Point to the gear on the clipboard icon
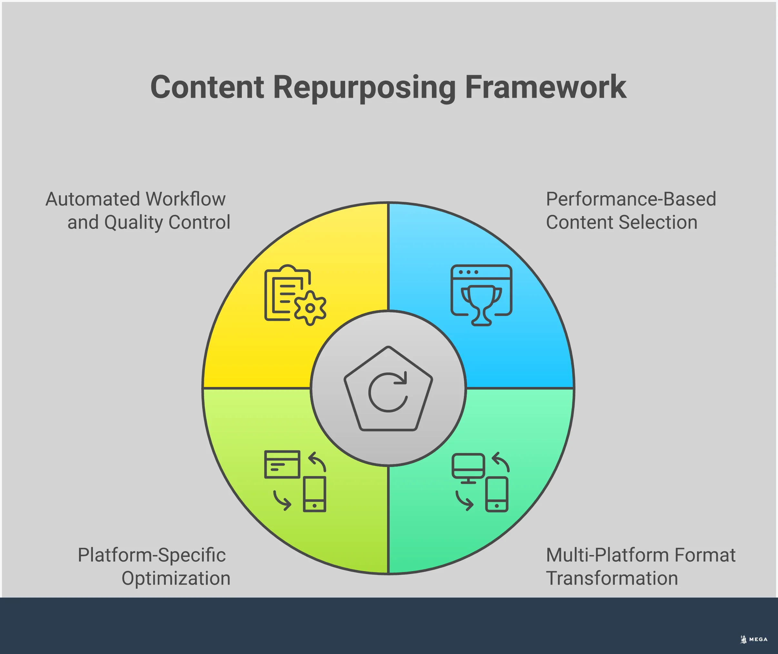(310, 308)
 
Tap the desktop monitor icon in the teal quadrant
(468, 468)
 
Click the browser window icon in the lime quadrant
(282, 464)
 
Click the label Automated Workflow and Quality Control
(138, 211)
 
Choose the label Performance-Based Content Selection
(630, 211)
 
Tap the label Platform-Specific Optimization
(154, 567)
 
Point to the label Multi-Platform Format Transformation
(640, 567)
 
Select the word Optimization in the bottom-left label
(176, 578)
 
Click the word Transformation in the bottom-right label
(612, 578)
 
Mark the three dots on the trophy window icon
(468, 272)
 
